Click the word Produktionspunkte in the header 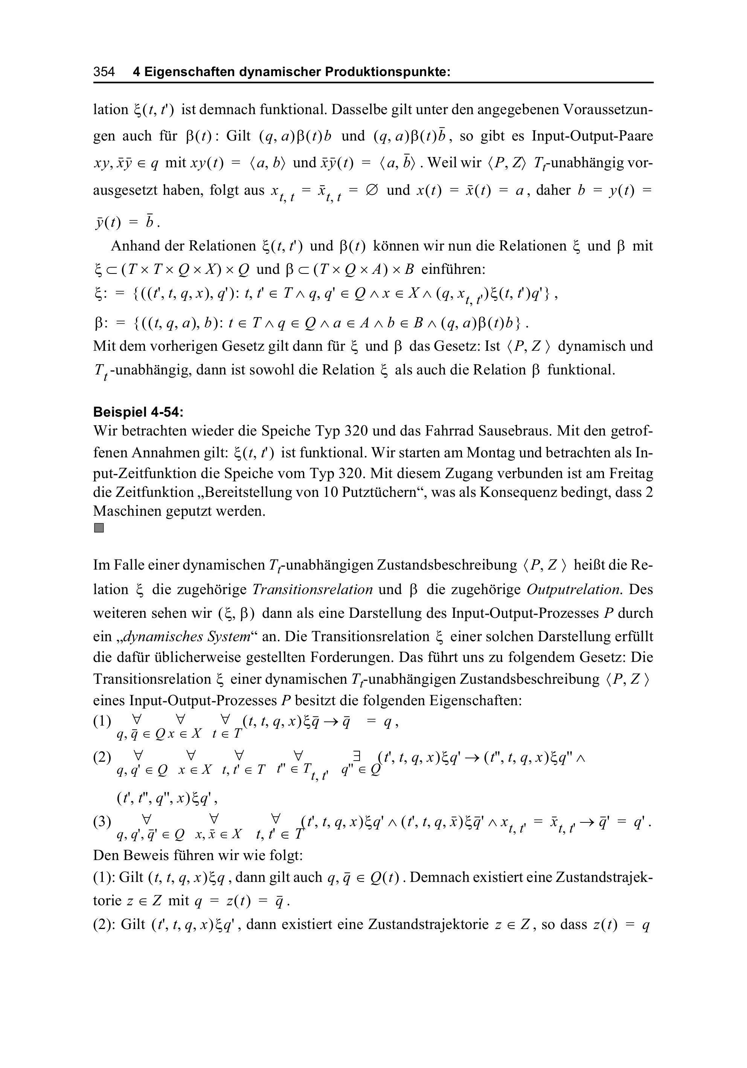388,72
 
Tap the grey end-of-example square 99,528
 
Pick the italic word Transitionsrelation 313,590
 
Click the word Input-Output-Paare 592,136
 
